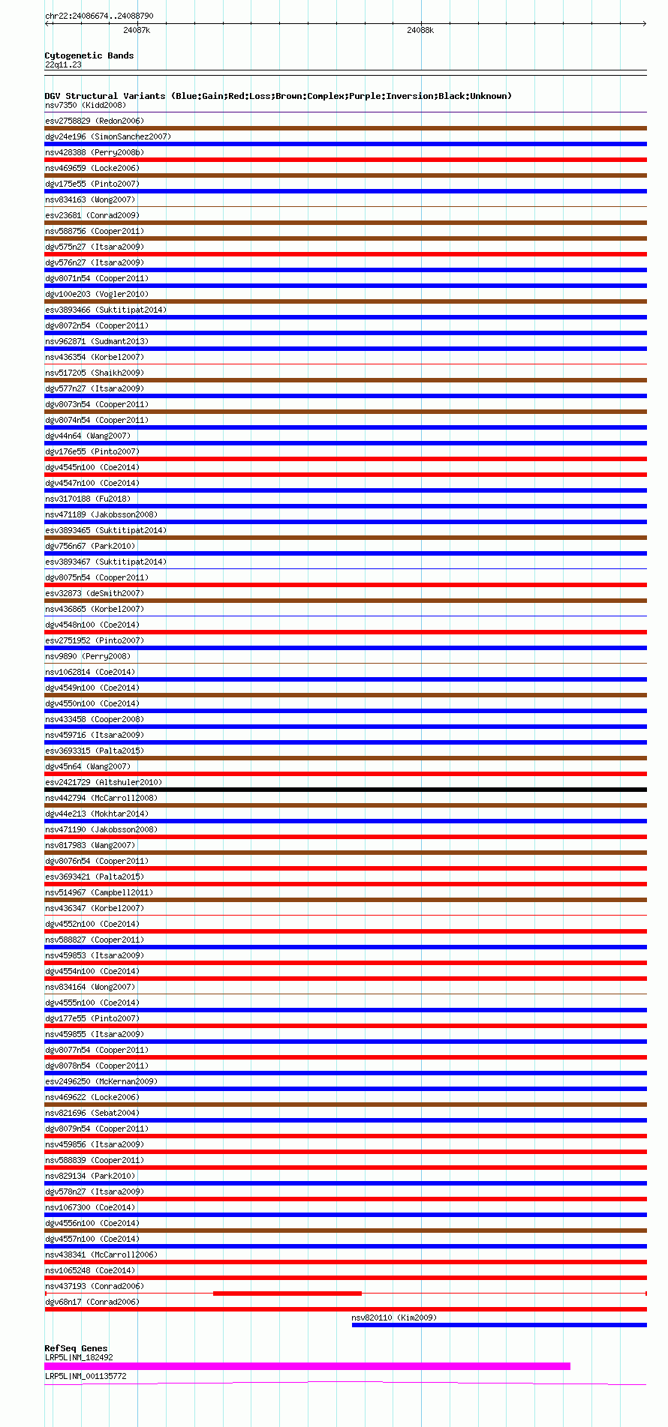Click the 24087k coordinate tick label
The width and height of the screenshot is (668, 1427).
[x=137, y=30]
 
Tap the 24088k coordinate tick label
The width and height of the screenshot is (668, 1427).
[x=420, y=30]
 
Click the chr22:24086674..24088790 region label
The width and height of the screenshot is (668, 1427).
[x=99, y=16]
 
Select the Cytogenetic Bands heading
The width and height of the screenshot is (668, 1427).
[x=89, y=55]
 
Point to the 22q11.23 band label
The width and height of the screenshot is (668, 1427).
[x=63, y=64]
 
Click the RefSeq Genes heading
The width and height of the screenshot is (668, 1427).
[x=76, y=1348]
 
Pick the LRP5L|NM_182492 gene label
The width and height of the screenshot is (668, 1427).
[x=79, y=1357]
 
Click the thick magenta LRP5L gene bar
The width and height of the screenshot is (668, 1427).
[x=307, y=1366]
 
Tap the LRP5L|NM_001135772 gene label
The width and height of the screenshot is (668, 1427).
[x=86, y=1376]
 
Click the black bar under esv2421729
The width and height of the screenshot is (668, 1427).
[x=345, y=790]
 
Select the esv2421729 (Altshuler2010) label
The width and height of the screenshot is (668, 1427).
[x=104, y=782]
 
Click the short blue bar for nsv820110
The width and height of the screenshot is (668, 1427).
[x=499, y=1325]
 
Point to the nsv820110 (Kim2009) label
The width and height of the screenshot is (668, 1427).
[x=394, y=1318]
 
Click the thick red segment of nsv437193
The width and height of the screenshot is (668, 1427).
[x=287, y=1294]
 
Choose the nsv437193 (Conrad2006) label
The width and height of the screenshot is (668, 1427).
[x=95, y=1286]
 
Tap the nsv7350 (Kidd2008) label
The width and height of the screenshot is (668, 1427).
[x=86, y=105]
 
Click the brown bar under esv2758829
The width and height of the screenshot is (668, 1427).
[x=345, y=128]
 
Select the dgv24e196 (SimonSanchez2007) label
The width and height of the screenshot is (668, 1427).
[x=108, y=136]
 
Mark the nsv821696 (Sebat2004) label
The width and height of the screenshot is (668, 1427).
[x=92, y=1113]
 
